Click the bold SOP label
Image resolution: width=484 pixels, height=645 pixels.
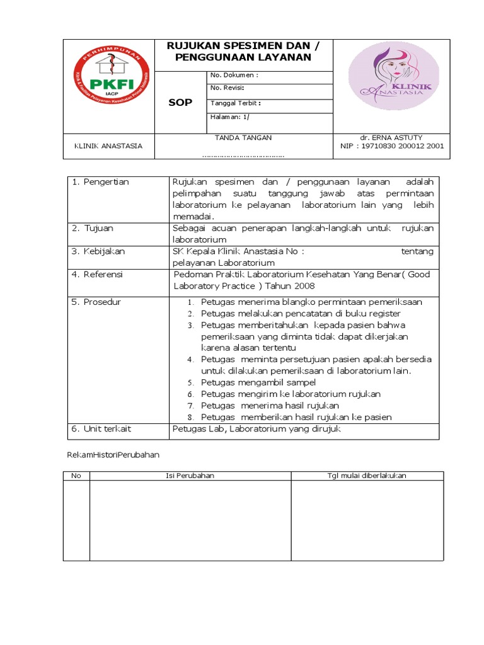(x=180, y=103)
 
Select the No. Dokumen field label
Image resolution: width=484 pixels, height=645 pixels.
(x=234, y=75)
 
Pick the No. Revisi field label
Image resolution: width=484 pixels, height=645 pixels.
(x=228, y=88)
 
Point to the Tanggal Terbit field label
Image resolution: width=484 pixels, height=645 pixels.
(x=235, y=103)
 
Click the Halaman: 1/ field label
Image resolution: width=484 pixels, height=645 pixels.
(x=225, y=117)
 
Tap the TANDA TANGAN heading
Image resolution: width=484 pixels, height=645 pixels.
(x=243, y=137)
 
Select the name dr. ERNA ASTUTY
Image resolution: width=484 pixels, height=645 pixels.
(x=391, y=137)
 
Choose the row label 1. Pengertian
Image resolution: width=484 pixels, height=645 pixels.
(x=100, y=182)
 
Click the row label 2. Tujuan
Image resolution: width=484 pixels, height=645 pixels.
(x=93, y=228)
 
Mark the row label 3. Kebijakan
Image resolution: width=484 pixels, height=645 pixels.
(x=98, y=251)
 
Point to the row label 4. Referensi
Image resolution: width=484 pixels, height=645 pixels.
(x=97, y=275)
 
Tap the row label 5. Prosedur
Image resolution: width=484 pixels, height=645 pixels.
(x=96, y=302)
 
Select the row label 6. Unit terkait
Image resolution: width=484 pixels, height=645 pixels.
(x=101, y=429)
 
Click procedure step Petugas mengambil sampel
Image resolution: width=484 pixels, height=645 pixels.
(x=258, y=382)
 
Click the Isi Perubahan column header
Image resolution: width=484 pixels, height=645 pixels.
(x=190, y=476)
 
